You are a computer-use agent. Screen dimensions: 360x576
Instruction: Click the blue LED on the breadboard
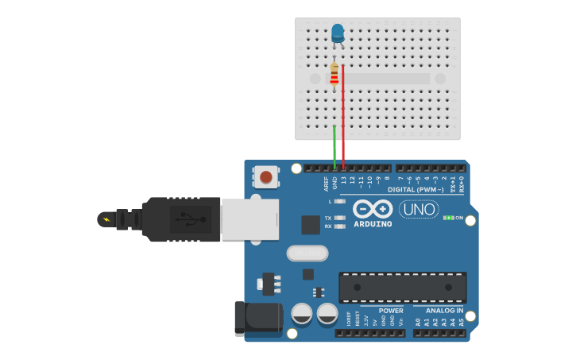[338, 33]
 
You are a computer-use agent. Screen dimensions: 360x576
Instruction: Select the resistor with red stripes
[334, 75]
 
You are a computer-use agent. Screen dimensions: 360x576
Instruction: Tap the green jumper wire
[334, 147]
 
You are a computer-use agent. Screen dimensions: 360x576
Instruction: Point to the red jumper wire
[343, 119]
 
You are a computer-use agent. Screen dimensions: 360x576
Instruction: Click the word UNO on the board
[419, 209]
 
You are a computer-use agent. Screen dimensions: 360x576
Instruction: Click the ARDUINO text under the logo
[373, 223]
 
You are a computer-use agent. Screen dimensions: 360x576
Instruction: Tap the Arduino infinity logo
[373, 209]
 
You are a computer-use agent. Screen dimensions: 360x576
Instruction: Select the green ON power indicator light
[449, 217]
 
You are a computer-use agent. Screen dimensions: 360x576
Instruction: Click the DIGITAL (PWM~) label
[416, 190]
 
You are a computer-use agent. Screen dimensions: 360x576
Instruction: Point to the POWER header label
[391, 311]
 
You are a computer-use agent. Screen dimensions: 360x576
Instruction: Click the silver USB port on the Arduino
[249, 219]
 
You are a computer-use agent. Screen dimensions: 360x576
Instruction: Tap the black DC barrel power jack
[258, 318]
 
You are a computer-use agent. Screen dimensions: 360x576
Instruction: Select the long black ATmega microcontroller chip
[402, 287]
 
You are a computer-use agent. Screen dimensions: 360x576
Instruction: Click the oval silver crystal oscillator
[307, 253]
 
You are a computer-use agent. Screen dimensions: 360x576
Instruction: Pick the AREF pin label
[327, 184]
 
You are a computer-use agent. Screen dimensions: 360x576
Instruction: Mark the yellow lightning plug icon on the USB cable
[105, 219]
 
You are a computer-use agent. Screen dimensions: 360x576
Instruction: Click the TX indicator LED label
[328, 218]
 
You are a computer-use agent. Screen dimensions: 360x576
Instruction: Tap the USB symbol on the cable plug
[188, 218]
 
